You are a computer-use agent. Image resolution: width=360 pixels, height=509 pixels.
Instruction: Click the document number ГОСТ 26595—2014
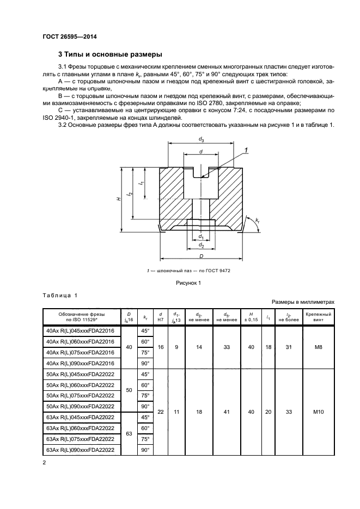point(65,37)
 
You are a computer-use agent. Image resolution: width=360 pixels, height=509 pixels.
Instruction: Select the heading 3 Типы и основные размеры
point(109,54)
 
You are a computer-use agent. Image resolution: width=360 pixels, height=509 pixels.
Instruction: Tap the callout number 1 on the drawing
point(246,150)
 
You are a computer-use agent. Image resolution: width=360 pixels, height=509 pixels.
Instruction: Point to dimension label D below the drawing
point(201,255)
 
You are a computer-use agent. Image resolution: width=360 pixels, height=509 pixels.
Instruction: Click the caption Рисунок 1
point(188,283)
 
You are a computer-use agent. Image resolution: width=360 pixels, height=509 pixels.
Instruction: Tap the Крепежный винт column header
point(319,317)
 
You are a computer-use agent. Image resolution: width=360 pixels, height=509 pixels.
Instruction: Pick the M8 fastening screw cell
point(319,347)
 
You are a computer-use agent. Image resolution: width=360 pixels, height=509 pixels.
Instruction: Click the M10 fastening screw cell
point(319,412)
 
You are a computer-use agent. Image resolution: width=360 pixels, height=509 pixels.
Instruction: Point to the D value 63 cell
point(129,434)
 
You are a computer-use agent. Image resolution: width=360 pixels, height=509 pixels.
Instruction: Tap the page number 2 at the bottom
point(44,463)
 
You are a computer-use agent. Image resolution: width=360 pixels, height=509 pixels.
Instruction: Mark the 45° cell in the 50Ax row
point(145,374)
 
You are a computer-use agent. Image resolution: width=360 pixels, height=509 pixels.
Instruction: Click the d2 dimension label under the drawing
point(201,246)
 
